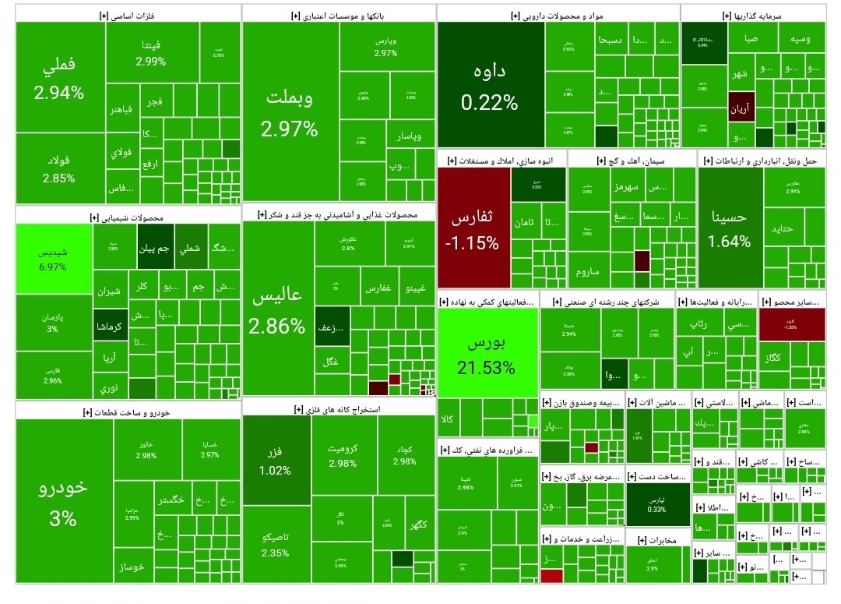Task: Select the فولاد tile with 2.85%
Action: point(59,169)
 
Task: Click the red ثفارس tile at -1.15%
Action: point(472,230)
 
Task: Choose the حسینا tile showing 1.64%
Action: point(730,228)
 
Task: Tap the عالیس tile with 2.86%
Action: point(277,311)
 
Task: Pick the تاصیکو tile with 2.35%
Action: point(276,544)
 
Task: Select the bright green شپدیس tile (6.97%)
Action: point(53,260)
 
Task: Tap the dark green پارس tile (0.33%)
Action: point(656,503)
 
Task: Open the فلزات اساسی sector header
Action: point(128,14)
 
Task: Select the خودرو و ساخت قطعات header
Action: point(128,411)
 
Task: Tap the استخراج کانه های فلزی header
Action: point(338,408)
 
